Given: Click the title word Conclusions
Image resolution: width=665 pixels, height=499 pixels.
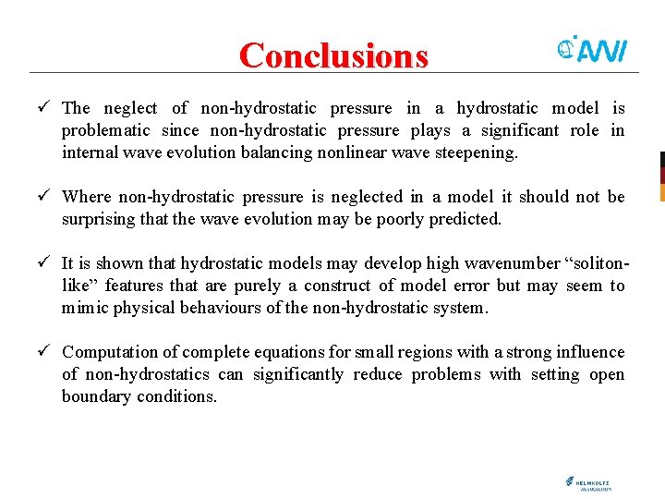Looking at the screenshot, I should [333, 55].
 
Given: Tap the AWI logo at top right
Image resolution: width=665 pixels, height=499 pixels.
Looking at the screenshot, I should [592, 50].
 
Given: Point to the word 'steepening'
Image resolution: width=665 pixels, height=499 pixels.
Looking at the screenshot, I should [475, 152].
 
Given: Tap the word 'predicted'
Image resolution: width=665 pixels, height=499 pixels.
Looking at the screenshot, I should [461, 219].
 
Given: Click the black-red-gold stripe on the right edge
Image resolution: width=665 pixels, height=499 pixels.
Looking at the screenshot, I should [661, 176].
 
